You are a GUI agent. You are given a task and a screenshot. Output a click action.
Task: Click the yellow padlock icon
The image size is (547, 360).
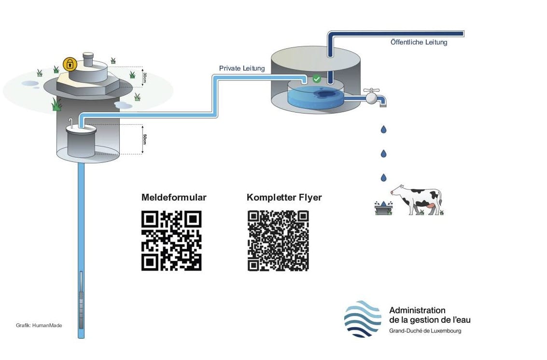(70, 63)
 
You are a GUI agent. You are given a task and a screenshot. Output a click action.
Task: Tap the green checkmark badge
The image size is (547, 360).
(317, 78)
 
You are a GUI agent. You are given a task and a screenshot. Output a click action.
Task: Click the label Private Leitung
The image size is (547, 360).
(242, 68)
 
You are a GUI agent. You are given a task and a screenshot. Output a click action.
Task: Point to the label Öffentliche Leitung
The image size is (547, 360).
(419, 42)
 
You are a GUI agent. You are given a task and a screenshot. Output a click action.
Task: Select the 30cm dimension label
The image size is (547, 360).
(144, 76)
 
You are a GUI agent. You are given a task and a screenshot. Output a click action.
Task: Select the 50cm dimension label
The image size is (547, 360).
(144, 139)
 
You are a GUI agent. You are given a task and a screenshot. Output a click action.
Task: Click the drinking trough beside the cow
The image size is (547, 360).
(383, 208)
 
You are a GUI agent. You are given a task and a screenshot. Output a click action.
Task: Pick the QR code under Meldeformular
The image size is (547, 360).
(171, 241)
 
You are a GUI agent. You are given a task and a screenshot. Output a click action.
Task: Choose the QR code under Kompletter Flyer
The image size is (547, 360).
(278, 241)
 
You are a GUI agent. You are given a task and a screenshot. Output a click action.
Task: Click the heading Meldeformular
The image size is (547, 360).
(174, 197)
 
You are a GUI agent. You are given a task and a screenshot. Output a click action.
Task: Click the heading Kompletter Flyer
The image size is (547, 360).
(284, 197)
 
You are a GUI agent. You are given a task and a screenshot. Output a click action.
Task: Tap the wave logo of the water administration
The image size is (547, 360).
(362, 318)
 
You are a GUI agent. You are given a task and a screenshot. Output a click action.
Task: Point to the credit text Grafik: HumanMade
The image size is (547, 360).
(39, 325)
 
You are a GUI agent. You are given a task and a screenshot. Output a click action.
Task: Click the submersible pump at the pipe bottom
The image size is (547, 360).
(81, 300)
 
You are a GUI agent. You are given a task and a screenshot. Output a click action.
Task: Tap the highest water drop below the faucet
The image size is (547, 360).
(383, 130)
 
